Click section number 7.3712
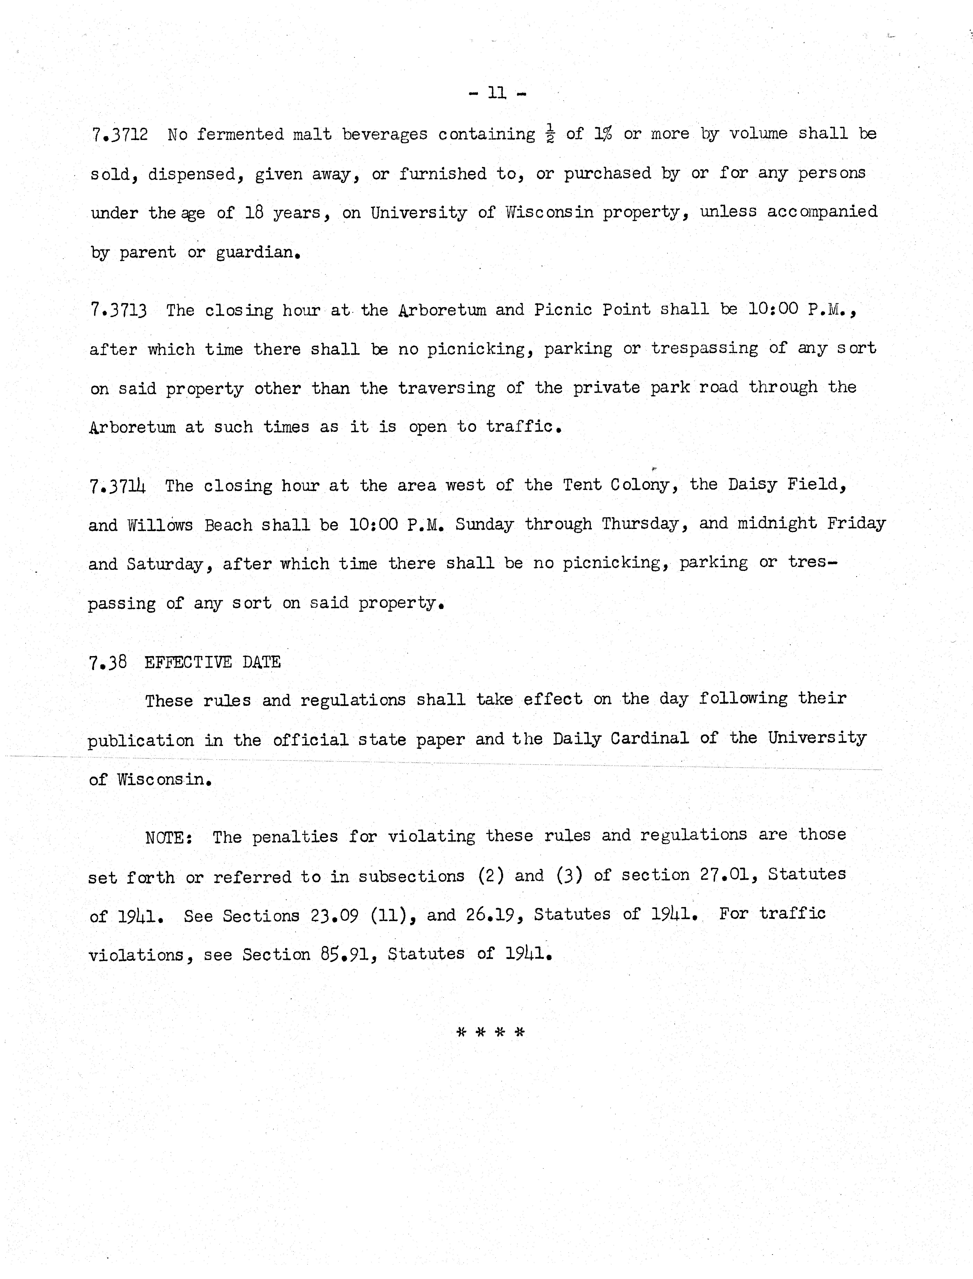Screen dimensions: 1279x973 point(119,135)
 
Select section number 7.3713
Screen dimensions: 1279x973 point(119,311)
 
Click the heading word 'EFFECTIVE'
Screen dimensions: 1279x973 point(188,662)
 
